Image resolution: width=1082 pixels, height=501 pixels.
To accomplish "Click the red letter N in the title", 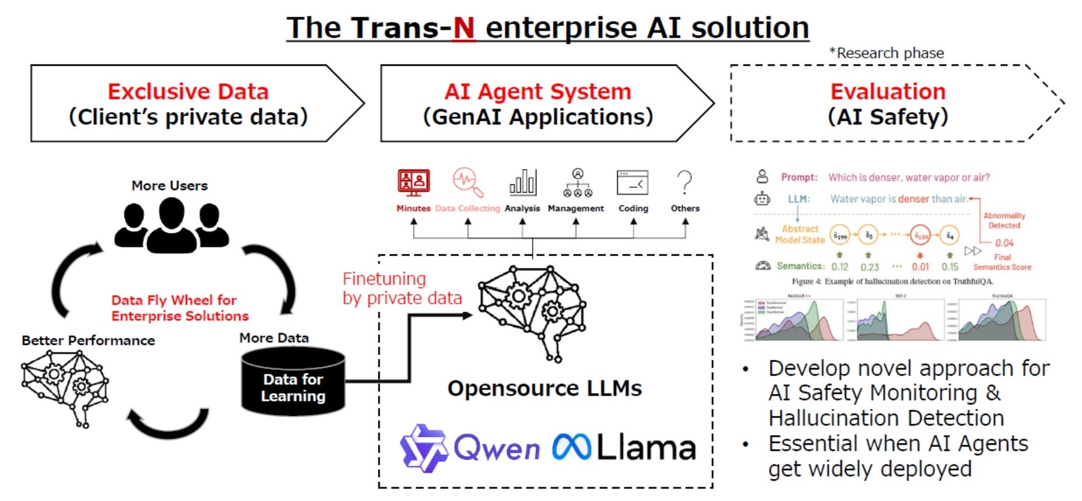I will (x=463, y=28).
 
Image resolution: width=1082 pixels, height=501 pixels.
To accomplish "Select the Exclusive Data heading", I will (x=188, y=92).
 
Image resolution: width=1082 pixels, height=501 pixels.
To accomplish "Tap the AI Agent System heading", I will (x=537, y=92).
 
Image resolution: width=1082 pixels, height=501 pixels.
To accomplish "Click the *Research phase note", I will (x=886, y=53).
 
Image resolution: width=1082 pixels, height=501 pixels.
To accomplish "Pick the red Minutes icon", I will (x=413, y=183).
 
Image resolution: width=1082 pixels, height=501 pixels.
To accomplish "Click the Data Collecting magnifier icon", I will (x=468, y=183).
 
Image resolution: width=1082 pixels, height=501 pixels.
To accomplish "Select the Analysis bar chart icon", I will (x=522, y=183).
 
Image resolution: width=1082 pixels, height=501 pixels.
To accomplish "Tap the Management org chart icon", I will (x=577, y=183).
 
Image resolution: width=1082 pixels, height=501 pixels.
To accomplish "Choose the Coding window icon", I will (x=633, y=183).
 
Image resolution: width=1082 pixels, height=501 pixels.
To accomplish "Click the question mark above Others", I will (x=685, y=183).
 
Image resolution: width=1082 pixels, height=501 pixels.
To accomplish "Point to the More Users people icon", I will (x=170, y=225).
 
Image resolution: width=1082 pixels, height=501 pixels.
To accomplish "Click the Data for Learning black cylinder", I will (x=293, y=381).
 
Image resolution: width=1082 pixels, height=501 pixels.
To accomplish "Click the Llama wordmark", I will (x=645, y=448).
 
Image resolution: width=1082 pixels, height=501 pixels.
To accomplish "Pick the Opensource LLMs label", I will (x=545, y=388).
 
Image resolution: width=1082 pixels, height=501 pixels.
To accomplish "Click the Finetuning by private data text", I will (x=402, y=288).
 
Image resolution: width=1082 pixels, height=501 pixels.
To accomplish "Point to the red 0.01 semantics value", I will (x=920, y=267).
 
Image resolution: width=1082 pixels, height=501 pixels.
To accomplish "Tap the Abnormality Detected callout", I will (x=1004, y=220).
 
